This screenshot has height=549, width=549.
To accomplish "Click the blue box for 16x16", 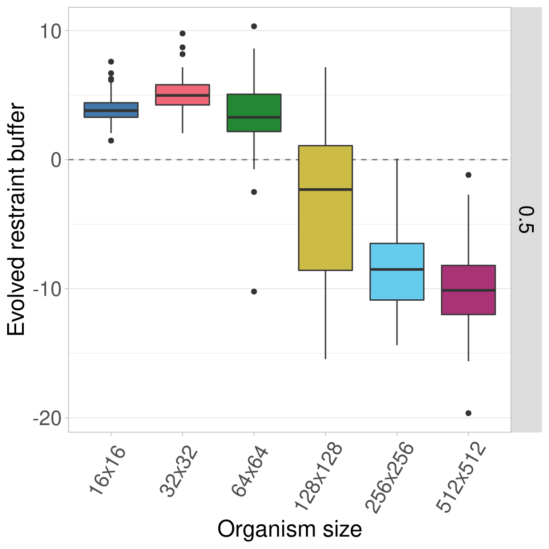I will pos(111,110).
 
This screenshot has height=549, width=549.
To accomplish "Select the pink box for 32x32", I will pos(183,95).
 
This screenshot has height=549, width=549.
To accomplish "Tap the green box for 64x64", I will pos(254,113).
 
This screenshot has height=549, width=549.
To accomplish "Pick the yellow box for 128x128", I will pos(325,208).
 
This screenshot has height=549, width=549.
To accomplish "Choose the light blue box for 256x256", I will pos(397,272).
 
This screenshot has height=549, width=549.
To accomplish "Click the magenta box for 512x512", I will pos(468,290).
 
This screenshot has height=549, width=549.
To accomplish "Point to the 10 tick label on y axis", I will pos(50,31).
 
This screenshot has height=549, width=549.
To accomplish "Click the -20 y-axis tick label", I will pos(47,419).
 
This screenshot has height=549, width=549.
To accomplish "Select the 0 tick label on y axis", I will pos(56,160).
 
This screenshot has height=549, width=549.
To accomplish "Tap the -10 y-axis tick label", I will pos(47,289).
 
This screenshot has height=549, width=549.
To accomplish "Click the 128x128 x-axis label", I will pos(318,477).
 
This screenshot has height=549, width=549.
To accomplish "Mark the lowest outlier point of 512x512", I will pos(468,413).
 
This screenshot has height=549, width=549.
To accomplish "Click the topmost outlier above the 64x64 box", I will pos(254,26).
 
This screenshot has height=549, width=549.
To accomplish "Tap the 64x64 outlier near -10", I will pos(254,291).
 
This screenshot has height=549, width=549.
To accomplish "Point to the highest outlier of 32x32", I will pos(183,33).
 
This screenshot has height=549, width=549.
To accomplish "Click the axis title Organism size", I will pos(289,529).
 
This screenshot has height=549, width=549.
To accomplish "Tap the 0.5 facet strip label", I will pos(526,219).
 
